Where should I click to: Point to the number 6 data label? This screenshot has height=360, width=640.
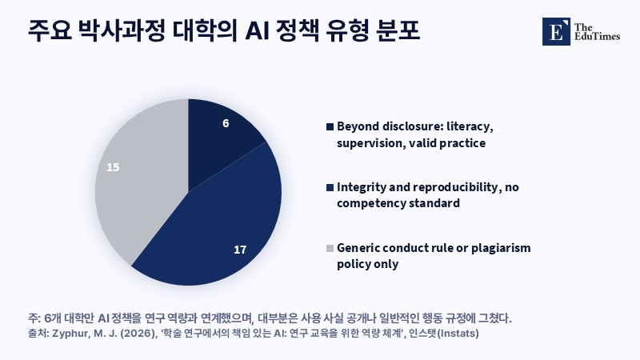pos(226,123)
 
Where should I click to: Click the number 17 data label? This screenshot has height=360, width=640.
pos(240,250)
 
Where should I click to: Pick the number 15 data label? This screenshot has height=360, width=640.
pos(113,167)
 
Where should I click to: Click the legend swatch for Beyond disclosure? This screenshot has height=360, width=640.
pos(330,127)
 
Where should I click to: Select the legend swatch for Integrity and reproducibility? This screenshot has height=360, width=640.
pos(330,187)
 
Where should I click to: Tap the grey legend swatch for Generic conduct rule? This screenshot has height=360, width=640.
pos(330,248)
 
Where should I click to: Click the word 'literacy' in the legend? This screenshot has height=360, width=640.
pos(470,126)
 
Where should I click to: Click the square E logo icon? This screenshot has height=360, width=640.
pos(556,31)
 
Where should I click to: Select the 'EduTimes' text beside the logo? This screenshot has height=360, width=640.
pos(597,36)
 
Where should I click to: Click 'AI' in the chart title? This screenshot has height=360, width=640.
pos(256,31)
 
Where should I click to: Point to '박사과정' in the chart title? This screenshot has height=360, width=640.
pos(122,31)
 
